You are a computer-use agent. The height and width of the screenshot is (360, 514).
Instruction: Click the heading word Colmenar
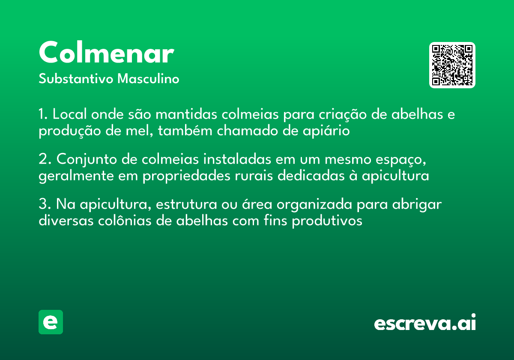(106, 53)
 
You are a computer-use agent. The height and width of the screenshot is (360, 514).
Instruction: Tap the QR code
(452, 65)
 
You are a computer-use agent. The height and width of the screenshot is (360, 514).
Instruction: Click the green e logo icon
(51, 322)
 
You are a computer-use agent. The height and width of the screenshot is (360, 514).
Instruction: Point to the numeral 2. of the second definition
(45, 159)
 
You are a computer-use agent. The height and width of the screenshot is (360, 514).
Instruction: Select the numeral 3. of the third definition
(45, 204)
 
